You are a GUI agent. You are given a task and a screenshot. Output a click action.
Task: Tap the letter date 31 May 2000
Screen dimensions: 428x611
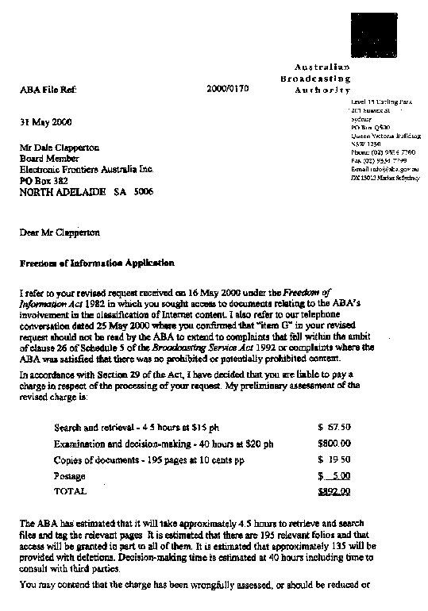45,122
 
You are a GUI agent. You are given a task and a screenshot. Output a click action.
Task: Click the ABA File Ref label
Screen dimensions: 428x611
48,91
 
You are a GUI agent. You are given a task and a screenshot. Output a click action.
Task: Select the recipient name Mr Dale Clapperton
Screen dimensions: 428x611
66,147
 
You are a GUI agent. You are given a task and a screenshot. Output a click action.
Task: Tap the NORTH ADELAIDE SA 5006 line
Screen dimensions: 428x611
87,192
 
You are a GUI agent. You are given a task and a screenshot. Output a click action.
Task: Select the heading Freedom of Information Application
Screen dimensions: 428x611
96,263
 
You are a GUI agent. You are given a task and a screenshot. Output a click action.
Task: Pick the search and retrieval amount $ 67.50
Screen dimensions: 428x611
334,427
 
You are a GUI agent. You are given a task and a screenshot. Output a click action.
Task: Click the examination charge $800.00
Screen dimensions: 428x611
334,444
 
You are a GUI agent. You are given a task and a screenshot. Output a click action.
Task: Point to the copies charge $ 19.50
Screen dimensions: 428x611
334,460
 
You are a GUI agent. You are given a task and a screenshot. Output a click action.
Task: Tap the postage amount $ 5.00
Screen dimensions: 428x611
334,476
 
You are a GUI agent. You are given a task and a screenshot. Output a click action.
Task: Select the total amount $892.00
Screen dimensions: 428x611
334,492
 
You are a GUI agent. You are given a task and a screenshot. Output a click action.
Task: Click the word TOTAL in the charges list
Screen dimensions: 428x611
70,492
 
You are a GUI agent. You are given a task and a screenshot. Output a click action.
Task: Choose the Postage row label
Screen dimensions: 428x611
69,476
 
